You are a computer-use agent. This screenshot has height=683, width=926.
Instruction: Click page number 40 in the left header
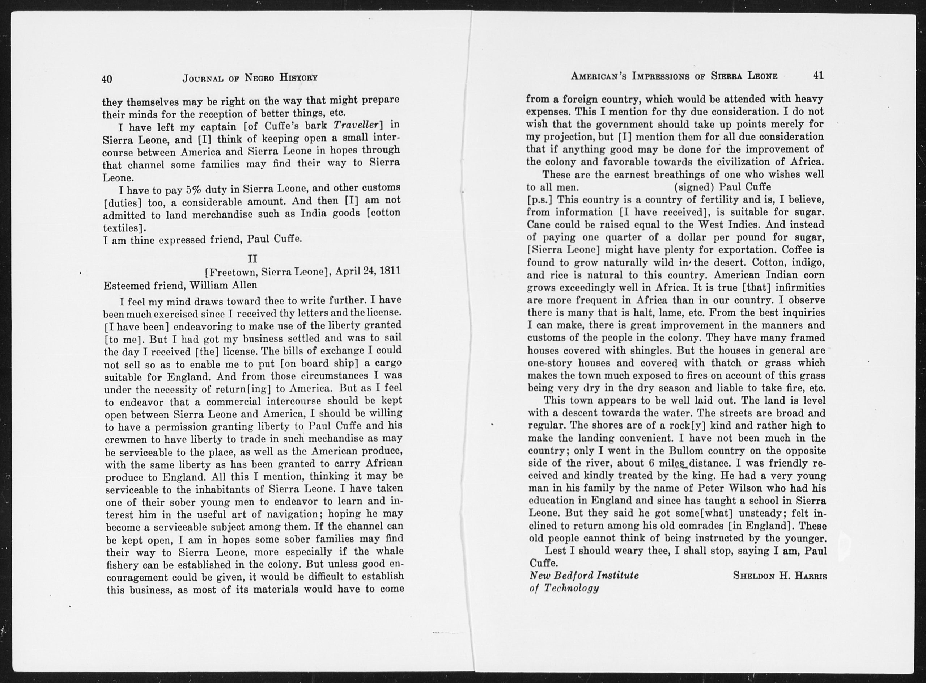[107, 79]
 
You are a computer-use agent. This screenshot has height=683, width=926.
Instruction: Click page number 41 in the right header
[818, 75]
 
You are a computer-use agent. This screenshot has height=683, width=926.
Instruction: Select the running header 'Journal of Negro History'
[250, 78]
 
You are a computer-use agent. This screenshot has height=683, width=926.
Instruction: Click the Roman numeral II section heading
[252, 259]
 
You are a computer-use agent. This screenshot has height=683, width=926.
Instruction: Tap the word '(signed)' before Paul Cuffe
[694, 187]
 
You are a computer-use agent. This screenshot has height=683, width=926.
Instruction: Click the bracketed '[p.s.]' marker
[540, 200]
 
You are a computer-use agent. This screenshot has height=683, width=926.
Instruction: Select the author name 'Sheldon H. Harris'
[780, 576]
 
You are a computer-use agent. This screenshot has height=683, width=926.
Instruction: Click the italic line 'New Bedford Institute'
[584, 576]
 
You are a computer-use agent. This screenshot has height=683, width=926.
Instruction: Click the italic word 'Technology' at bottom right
[572, 588]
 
